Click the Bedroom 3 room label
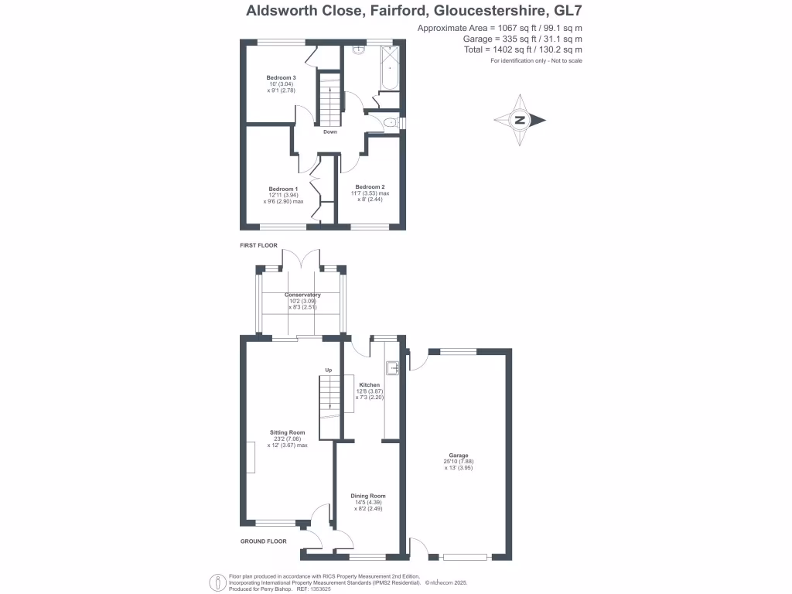[281, 77]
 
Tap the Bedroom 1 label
[283, 189]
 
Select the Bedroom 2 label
[370, 187]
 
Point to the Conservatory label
[302, 295]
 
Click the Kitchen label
[369, 384]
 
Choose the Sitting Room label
[287, 432]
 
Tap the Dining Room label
[368, 496]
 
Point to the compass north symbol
[521, 120]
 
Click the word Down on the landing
[330, 132]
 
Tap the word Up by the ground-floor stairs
[328, 370]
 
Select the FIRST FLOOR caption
[258, 244]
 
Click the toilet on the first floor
[391, 122]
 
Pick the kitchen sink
[392, 368]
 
